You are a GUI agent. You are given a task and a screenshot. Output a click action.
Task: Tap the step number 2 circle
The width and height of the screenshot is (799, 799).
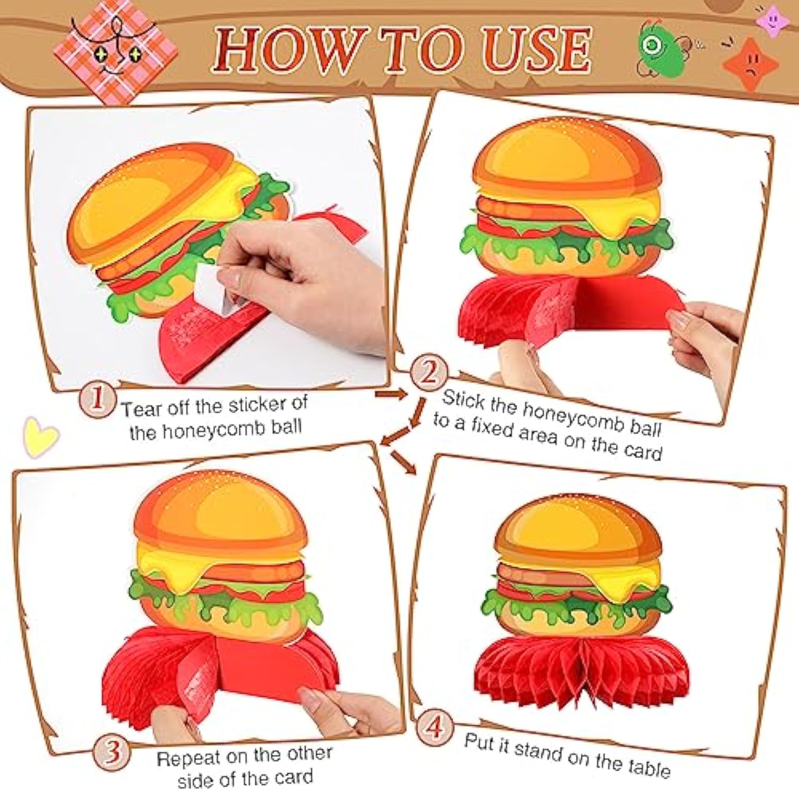429,372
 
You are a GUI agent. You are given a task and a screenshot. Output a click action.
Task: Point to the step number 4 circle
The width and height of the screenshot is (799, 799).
435,727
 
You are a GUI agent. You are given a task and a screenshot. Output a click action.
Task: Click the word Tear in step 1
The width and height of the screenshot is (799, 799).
141,409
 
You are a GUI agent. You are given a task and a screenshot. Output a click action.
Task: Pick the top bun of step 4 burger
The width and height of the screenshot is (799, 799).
577,527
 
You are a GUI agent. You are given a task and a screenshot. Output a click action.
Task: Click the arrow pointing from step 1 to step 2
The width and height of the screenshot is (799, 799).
392,394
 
